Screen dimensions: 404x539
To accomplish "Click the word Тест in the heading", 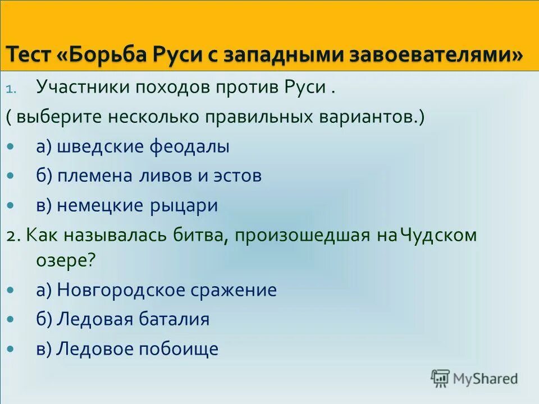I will tap(29, 56).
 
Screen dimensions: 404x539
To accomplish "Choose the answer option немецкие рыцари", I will tap(127, 205).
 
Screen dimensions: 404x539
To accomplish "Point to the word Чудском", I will tap(438, 235).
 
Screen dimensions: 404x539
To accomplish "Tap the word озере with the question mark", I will tap(66, 261).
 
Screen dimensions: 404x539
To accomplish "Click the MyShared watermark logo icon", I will tap(440, 378).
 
